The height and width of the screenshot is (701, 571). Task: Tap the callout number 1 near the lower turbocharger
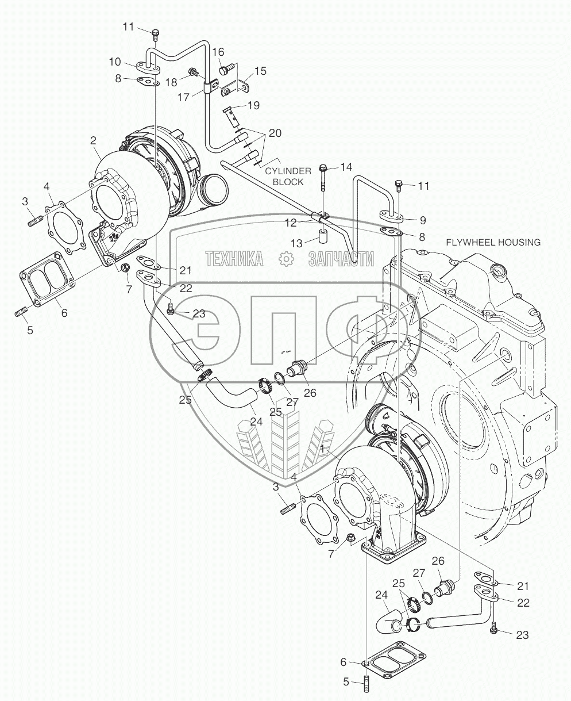(325, 447)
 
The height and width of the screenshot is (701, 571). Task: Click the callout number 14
(345, 167)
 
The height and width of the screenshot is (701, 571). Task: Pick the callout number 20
(275, 133)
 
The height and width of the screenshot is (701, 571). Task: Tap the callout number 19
(253, 105)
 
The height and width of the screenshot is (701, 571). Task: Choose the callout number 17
(183, 97)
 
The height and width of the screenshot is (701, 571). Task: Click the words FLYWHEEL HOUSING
(493, 242)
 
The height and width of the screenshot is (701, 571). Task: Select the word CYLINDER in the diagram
(288, 171)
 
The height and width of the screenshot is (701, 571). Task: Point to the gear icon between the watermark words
(285, 259)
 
